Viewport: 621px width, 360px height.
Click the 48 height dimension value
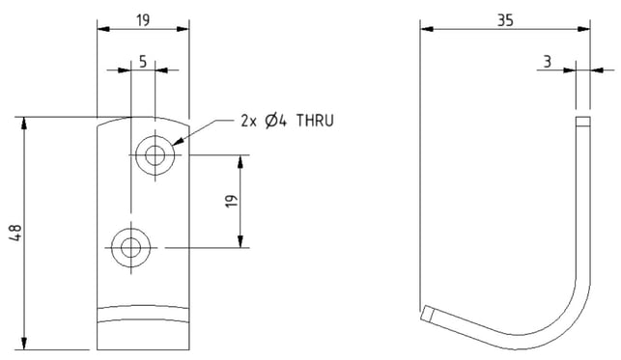(15, 233)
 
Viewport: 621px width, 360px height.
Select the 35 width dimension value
(505, 20)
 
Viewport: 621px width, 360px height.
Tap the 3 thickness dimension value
(548, 62)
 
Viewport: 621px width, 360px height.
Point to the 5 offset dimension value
(143, 62)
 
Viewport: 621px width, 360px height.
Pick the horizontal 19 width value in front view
(143, 20)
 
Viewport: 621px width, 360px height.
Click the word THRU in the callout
(315, 121)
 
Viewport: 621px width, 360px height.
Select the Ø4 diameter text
(275, 121)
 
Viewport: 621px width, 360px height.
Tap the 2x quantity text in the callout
(249, 121)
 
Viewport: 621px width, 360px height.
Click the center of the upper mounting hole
(155, 155)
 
